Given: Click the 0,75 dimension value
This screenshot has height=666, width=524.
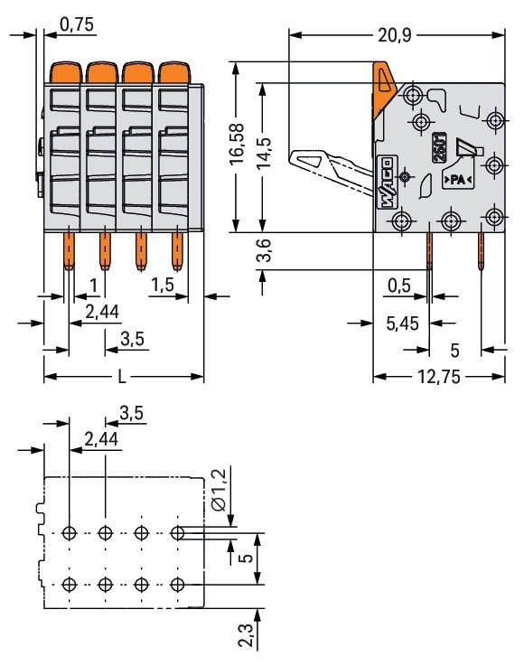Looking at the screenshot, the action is tap(77, 24).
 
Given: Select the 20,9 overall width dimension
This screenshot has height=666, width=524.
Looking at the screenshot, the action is tap(395, 35).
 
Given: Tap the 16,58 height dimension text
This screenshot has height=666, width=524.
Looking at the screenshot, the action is tap(237, 145).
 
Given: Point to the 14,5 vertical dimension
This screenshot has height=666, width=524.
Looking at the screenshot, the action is tap(263, 153).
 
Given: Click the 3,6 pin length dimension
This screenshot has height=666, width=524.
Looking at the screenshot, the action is tap(264, 249).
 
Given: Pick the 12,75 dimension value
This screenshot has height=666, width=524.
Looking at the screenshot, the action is tap(439, 376).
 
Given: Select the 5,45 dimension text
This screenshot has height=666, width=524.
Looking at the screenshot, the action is tap(402, 324).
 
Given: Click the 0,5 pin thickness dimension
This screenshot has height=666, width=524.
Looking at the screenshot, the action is tap(399, 286).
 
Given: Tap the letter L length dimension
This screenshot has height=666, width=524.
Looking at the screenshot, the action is tap(122, 376).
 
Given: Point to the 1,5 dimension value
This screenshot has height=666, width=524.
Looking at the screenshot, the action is tap(163, 285).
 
